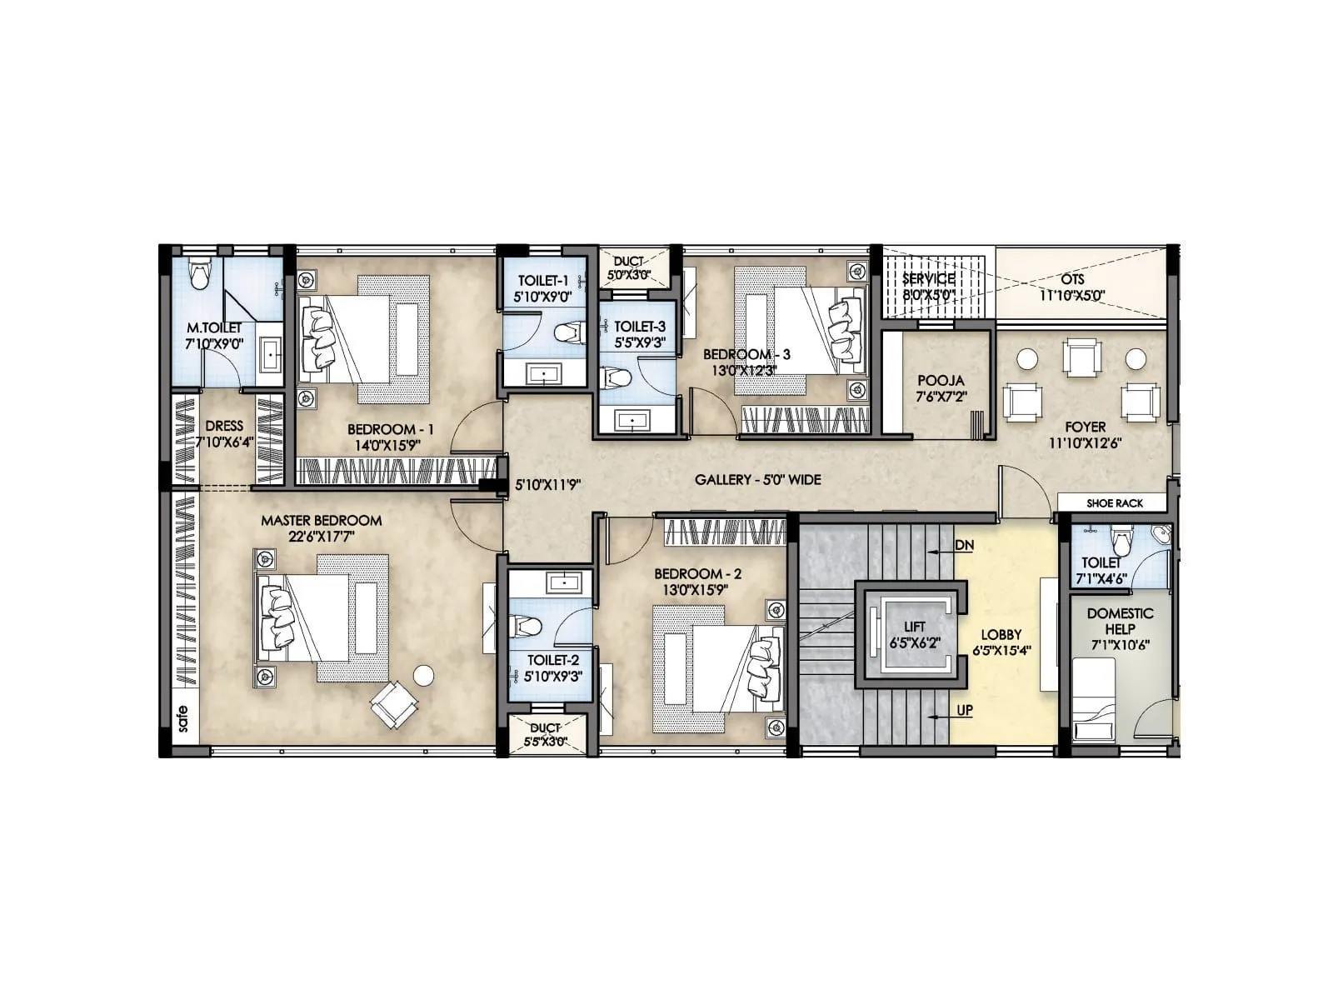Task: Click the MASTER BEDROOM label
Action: point(322,521)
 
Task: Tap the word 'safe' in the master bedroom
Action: point(182,719)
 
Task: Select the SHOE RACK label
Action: point(1114,503)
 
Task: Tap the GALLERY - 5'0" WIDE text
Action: point(757,480)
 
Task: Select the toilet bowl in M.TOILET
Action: point(199,274)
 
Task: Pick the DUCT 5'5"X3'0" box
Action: point(546,734)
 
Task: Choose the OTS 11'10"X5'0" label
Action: point(1072,287)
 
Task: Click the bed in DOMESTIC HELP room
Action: point(1093,698)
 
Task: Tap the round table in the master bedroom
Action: point(424,674)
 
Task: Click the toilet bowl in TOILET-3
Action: point(617,378)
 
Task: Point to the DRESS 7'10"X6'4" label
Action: point(224,432)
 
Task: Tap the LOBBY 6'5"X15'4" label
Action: point(1001,642)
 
